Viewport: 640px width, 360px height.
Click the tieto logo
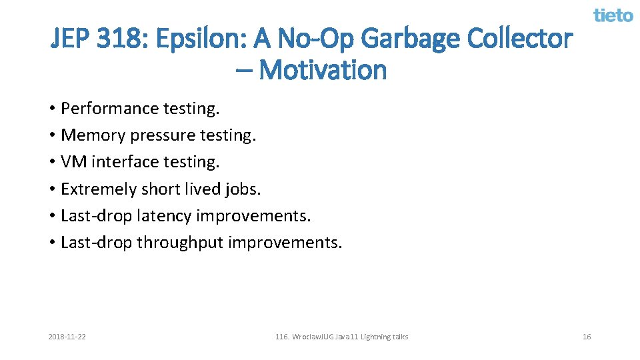[x=613, y=15]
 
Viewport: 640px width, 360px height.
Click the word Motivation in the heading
[x=323, y=69]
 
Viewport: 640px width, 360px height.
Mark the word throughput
[x=179, y=243]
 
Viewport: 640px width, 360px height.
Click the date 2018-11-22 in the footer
[x=67, y=337]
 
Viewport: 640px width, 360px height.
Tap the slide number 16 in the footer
[x=587, y=337]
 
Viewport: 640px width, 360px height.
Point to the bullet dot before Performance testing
[x=51, y=109]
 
